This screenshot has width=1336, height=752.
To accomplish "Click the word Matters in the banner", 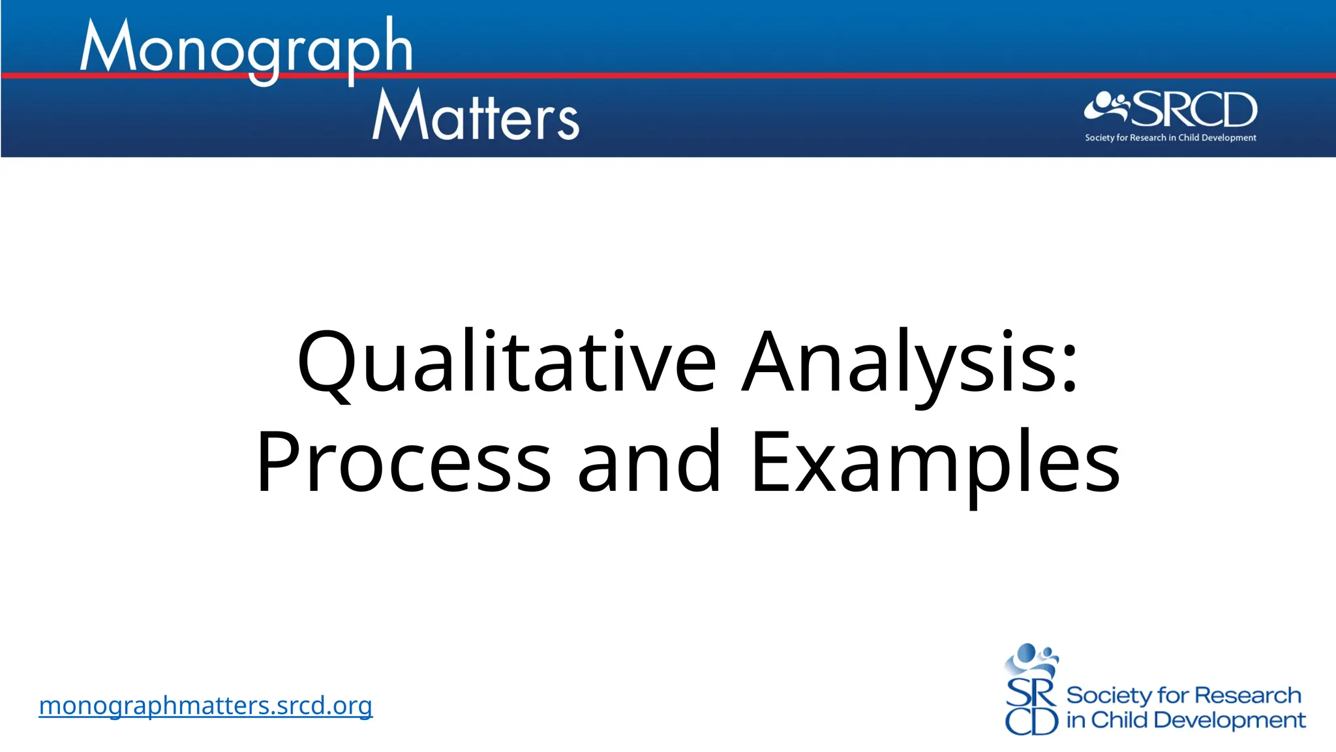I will (476, 116).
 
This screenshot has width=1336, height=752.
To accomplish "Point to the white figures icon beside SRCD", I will (1106, 107).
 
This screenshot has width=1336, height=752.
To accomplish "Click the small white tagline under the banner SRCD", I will (1170, 138).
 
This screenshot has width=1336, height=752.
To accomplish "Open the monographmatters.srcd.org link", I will (205, 706).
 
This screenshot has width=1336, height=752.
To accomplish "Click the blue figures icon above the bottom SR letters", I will (1031, 660).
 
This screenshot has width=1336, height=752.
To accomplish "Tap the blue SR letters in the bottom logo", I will (1030, 693).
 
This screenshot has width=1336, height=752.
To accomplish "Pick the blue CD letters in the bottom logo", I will (1031, 721).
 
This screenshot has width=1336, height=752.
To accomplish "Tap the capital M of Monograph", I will (108, 46).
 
